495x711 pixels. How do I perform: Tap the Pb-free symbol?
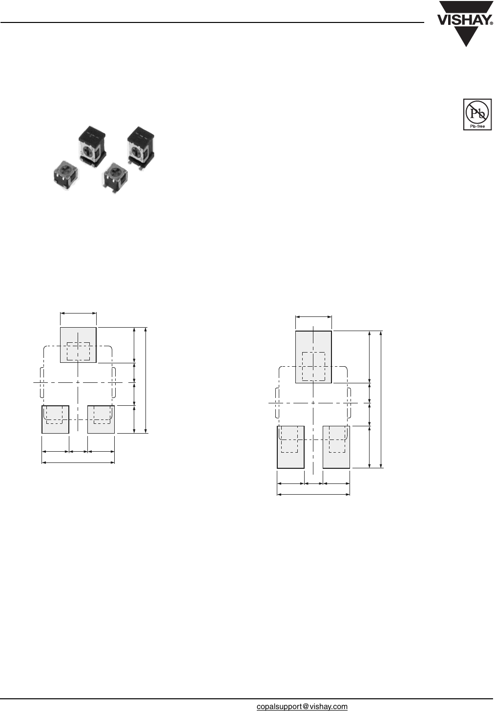[x=477, y=114]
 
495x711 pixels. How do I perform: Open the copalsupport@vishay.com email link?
[x=302, y=707]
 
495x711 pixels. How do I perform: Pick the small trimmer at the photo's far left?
[x=66, y=175]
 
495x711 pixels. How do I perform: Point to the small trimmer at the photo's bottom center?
[x=115, y=178]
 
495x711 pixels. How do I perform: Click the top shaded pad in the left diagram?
[x=78, y=345]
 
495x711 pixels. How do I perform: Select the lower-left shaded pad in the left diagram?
[x=55, y=419]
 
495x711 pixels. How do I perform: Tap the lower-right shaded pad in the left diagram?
[x=101, y=419]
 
